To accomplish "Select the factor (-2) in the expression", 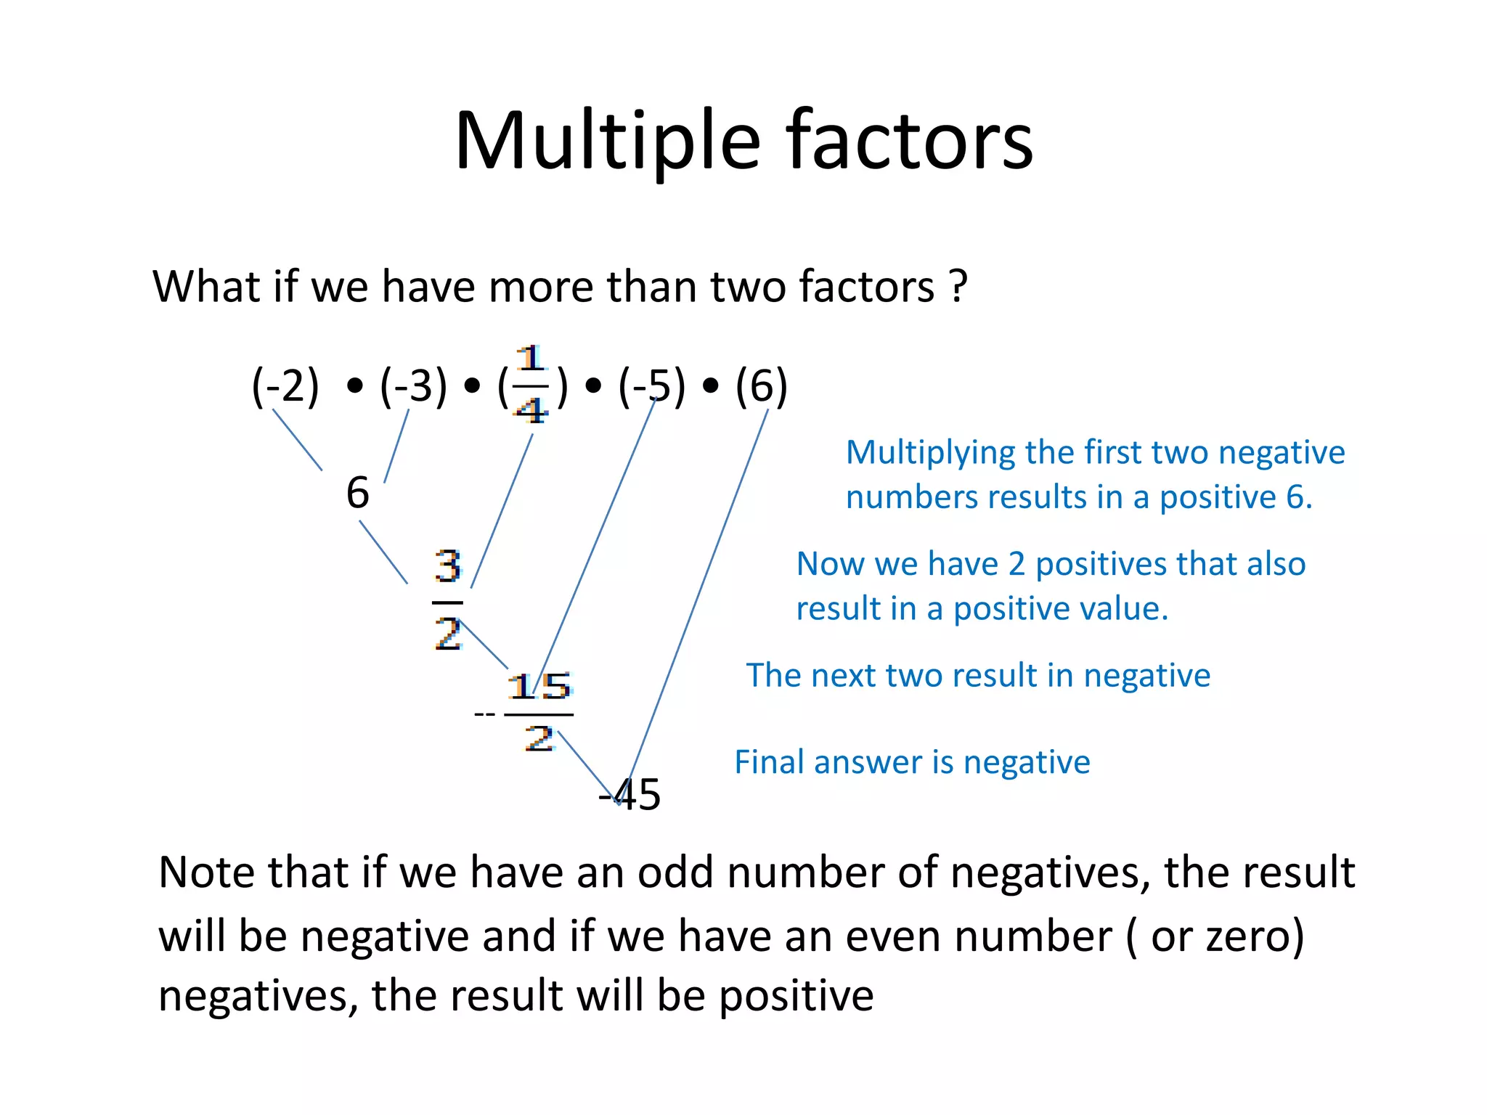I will pyautogui.click(x=285, y=385).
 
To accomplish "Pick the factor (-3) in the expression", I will pyautogui.click(x=413, y=385).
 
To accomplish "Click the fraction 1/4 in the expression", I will pyautogui.click(x=531, y=385).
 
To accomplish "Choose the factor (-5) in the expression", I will pyautogui.click(x=651, y=385).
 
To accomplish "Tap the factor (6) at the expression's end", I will pyautogui.click(x=761, y=385).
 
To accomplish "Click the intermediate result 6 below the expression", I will pyautogui.click(x=357, y=493).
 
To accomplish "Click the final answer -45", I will pyautogui.click(x=630, y=794).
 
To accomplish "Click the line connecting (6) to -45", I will pyautogui.click(x=697, y=603).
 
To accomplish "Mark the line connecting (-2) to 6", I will pyautogui.click(x=297, y=439).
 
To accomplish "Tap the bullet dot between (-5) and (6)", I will pyautogui.click(x=711, y=386).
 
